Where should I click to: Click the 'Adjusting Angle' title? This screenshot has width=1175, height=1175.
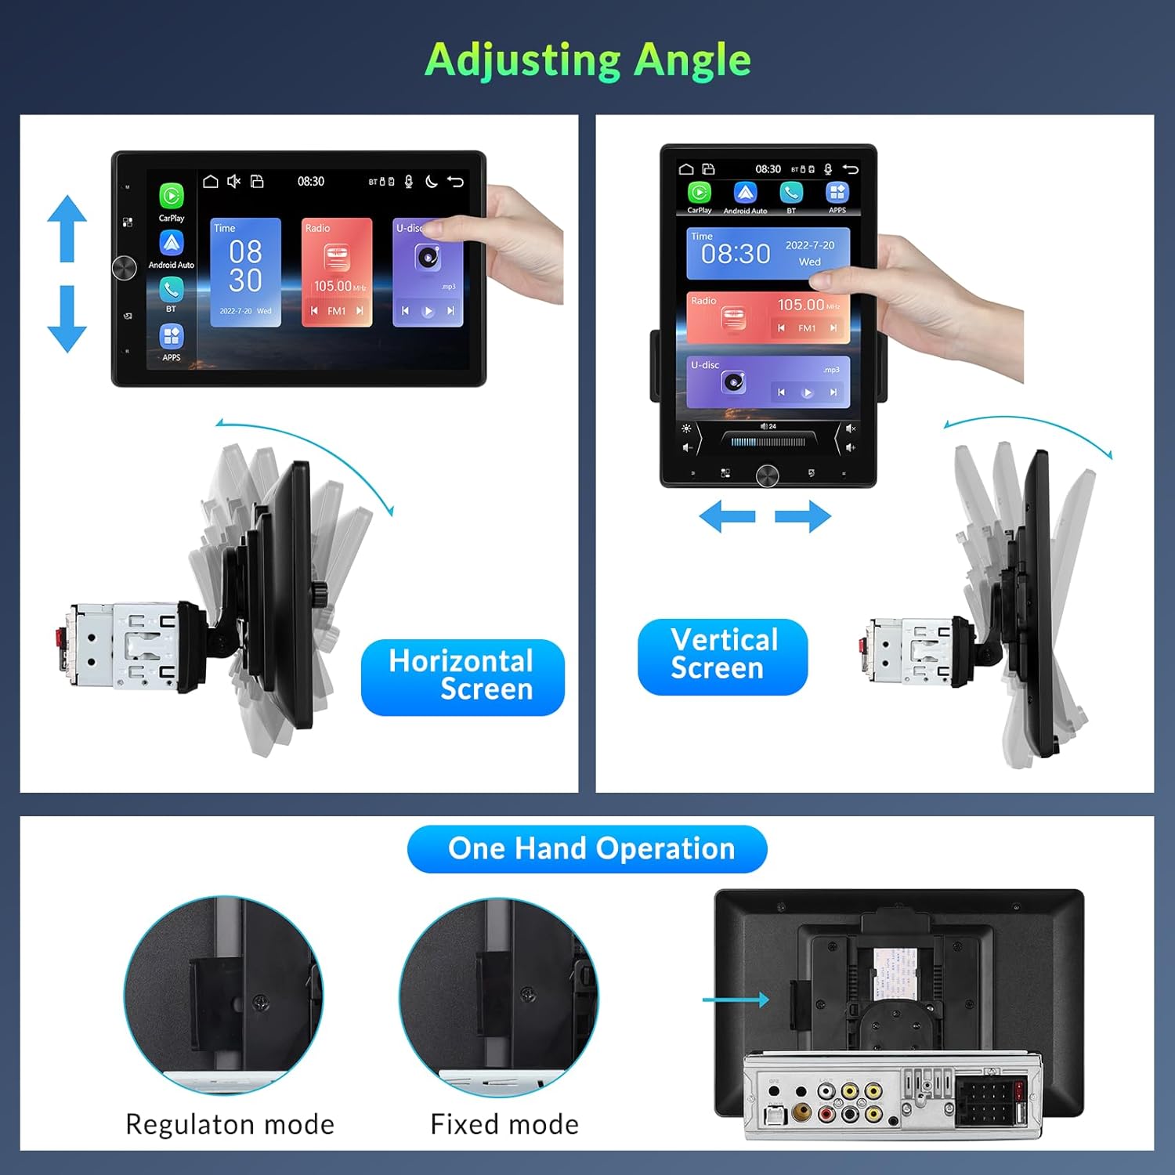pos(587,60)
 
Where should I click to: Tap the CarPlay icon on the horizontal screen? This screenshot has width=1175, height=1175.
pos(172,196)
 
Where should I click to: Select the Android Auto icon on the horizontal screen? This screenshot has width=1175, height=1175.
pos(172,244)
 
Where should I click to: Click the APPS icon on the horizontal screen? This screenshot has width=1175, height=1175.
pos(172,337)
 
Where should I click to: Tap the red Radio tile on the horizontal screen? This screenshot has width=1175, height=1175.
pos(337,272)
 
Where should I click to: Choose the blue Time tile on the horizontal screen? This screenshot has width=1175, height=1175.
pos(245,272)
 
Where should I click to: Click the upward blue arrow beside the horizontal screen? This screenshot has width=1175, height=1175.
pos(67,228)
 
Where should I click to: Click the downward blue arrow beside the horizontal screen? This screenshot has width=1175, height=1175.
pos(67,319)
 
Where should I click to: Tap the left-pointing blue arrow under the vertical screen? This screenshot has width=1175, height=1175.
pos(727,517)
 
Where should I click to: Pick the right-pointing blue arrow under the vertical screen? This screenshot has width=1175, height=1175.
pos(803,517)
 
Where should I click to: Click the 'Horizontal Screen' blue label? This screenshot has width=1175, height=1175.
pos(462,676)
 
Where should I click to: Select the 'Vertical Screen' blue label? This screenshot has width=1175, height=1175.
pos(722,656)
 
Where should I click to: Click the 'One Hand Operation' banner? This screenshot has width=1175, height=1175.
pos(587,849)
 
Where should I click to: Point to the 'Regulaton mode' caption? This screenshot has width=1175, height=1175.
pos(230,1124)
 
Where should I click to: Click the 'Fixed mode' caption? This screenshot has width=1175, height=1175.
pos(504,1124)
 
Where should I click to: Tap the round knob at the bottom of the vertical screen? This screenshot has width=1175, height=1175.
pos(767,475)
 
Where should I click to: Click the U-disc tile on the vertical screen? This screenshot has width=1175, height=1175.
pos(768,381)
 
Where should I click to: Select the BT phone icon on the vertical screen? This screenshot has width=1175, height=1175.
pos(791,193)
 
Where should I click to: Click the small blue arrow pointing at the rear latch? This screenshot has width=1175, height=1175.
pos(736,1000)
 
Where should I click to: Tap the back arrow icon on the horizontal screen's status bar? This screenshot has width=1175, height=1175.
pos(455,182)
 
